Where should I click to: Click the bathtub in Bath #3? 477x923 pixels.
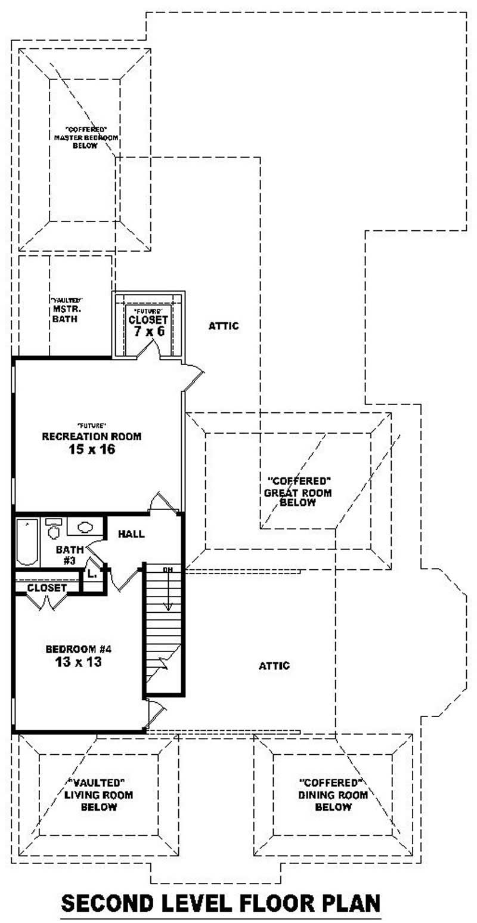pyautogui.click(x=27, y=542)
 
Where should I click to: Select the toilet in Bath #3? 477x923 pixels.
pyautogui.click(x=53, y=530)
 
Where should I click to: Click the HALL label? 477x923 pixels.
pyautogui.click(x=131, y=534)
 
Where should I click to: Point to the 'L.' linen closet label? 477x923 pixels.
pyautogui.click(x=91, y=573)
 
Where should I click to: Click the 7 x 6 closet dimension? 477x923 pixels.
pyautogui.click(x=148, y=330)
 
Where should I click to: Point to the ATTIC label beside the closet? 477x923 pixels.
pyautogui.click(x=224, y=326)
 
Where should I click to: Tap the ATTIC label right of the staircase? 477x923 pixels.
pyautogui.click(x=274, y=665)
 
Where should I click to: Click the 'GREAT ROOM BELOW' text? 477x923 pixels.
pyautogui.click(x=298, y=498)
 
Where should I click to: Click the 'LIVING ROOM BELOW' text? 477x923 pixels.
pyautogui.click(x=98, y=801)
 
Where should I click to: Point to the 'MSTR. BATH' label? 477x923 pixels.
pyautogui.click(x=65, y=314)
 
